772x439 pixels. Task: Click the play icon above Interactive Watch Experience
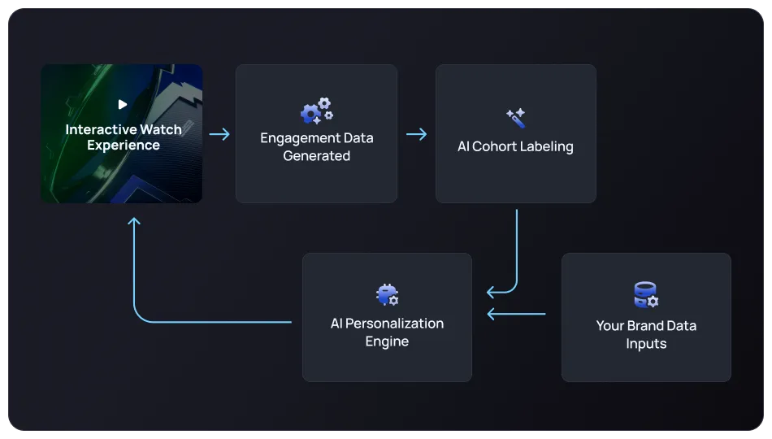[x=122, y=104]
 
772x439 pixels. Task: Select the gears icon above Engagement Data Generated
[x=316, y=110]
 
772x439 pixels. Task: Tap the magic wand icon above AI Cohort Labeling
[x=515, y=118]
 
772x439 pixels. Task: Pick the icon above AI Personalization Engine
[x=387, y=294]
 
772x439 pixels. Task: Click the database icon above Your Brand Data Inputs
[x=646, y=294]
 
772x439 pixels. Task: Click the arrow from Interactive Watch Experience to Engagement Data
[x=219, y=134]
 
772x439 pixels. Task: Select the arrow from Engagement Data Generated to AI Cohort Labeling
[x=417, y=134]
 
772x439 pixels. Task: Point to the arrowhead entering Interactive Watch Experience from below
[x=135, y=222]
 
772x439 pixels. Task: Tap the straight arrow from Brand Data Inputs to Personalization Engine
[x=516, y=314]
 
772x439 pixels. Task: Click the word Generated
[x=316, y=156]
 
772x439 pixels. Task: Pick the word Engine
[x=387, y=341]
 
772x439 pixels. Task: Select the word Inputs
[x=646, y=344]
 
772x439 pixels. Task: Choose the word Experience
[x=124, y=146]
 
